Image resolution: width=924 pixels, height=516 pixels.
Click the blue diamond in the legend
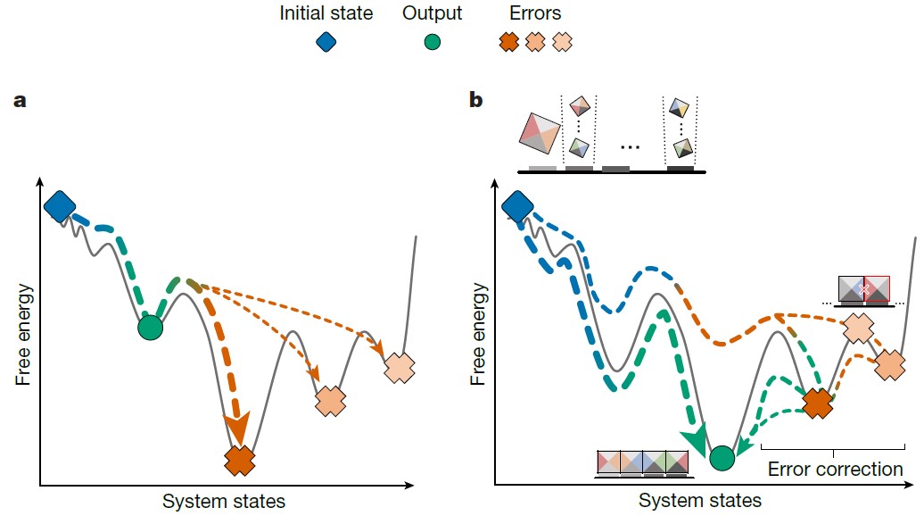coord(326,42)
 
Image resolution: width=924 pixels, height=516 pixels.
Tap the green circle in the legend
coord(432,42)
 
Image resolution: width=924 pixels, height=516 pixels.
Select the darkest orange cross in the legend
coord(508,42)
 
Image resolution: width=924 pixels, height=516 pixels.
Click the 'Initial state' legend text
coord(326,13)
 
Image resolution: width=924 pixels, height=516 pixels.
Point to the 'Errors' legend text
coord(535,13)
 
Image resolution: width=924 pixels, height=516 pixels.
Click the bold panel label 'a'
coord(20,101)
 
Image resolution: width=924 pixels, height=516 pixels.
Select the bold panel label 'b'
coord(475,100)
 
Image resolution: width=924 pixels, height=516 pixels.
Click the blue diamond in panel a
coord(60,206)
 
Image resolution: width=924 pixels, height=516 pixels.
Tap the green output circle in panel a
coord(150,328)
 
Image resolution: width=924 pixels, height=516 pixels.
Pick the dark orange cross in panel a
coord(240,461)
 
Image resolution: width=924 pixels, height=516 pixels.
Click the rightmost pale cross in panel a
coord(400,368)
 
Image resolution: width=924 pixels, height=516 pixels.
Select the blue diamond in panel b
coord(517,207)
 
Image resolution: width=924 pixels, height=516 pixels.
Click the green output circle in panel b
coord(722,458)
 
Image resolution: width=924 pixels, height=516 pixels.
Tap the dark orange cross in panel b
coord(817,404)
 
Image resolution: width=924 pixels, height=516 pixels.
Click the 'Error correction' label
coord(835,470)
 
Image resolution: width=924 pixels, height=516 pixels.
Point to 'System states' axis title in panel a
coord(224,501)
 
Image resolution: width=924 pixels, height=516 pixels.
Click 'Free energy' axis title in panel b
coord(478,334)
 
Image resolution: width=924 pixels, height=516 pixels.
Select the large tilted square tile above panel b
coord(540,138)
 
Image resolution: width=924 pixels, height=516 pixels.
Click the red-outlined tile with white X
coord(877,289)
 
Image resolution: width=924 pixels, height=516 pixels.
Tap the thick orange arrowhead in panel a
coord(237,429)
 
